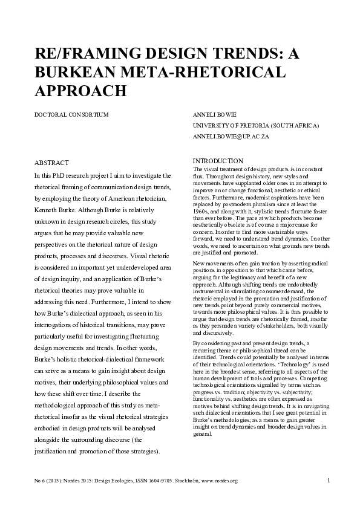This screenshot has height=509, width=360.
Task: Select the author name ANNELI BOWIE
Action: pos(212,114)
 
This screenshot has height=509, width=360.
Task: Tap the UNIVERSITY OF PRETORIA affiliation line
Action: pos(255,125)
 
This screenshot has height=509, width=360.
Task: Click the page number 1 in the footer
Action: pos(327,481)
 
